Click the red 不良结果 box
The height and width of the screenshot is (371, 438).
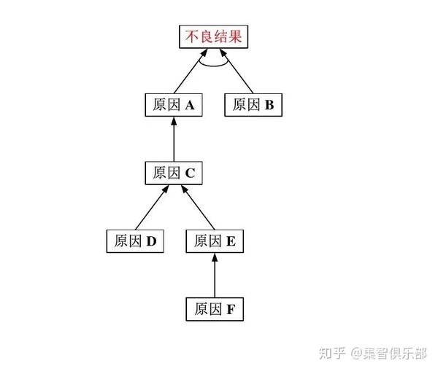(x=213, y=36)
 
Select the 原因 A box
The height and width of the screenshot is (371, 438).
(x=174, y=105)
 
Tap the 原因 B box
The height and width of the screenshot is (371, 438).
(x=253, y=105)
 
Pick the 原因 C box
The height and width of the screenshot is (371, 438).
(x=174, y=173)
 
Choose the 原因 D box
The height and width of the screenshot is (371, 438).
(x=136, y=241)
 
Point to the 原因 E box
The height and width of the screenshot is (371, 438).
(x=215, y=241)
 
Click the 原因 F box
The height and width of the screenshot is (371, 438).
(x=214, y=308)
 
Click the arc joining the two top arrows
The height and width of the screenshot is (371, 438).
(x=212, y=67)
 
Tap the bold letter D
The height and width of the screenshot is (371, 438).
(x=152, y=241)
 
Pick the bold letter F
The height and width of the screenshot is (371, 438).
(x=230, y=309)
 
